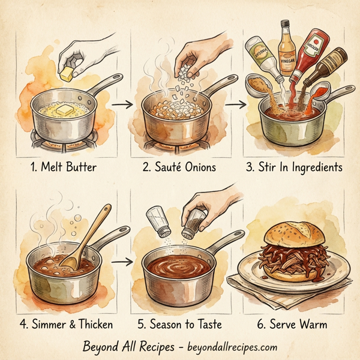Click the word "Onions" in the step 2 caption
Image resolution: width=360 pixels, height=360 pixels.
tap(196, 167)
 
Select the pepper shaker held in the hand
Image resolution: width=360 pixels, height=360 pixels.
tap(193, 225)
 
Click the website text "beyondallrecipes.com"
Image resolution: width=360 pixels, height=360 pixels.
tap(227, 347)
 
